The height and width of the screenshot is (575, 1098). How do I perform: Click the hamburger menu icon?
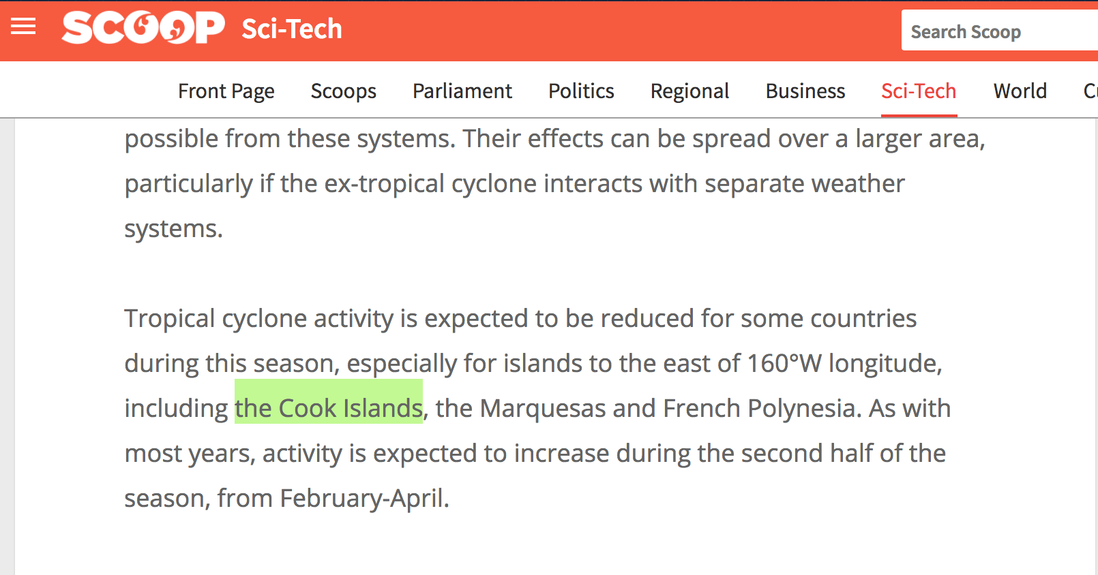coord(23,27)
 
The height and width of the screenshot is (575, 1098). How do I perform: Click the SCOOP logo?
coord(143,27)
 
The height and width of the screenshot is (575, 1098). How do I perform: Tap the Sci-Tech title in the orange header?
coord(292,29)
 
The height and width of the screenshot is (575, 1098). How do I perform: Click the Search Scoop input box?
coord(1000,31)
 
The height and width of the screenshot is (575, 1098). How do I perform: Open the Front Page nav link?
coord(226,91)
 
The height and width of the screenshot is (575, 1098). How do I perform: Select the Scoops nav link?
coord(343,91)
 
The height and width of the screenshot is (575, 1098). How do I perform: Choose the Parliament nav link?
coord(462,91)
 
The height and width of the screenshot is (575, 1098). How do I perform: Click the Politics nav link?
coord(581,91)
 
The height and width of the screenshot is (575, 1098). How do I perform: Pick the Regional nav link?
coord(689,91)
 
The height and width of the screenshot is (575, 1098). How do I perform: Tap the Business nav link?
coord(805,91)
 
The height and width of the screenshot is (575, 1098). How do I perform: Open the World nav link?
coord(1020,91)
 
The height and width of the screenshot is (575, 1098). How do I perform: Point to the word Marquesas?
coord(543,408)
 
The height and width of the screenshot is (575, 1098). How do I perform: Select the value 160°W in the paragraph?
coord(784,363)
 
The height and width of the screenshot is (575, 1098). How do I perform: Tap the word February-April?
coord(364,498)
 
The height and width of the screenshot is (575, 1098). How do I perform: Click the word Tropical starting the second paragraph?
coord(170,319)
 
